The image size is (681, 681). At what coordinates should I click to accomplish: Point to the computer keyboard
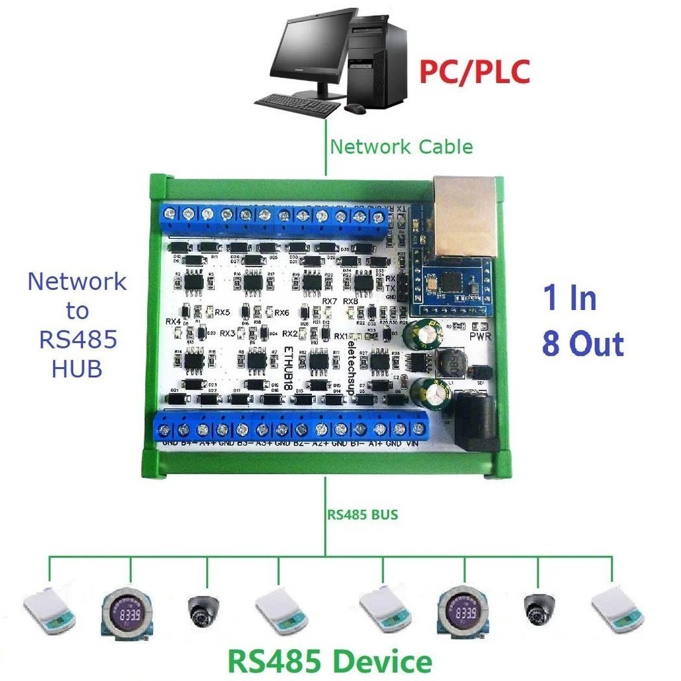click(297, 104)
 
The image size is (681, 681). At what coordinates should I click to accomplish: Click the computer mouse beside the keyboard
click(355, 107)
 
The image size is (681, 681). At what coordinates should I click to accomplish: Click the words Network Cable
click(402, 146)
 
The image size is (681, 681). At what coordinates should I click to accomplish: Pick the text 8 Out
click(583, 344)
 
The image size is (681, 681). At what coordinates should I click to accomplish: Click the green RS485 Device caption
click(330, 661)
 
